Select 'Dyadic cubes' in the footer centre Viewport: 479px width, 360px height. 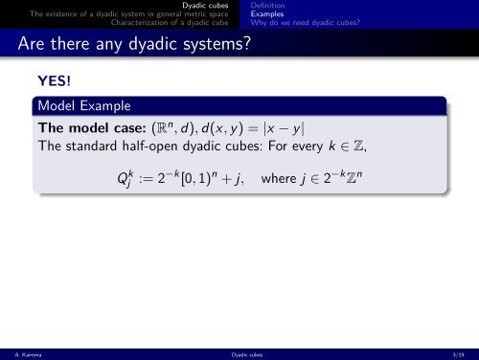tap(239, 353)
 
